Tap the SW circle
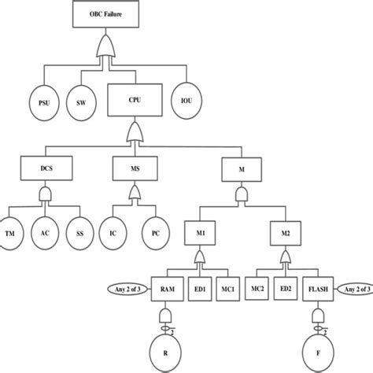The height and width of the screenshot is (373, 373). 81,102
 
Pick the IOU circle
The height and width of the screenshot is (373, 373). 187,102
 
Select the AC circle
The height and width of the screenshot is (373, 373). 46,234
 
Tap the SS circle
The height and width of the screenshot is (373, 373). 79,234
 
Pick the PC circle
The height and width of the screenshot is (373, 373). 155,234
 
